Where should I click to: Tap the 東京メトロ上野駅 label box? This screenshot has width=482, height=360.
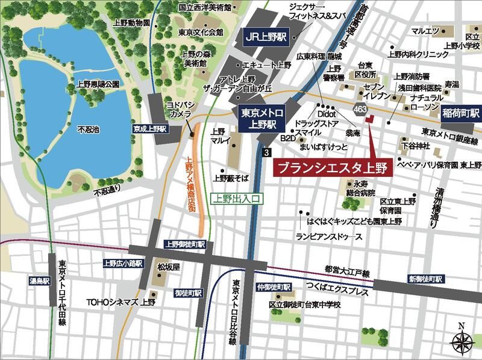258,118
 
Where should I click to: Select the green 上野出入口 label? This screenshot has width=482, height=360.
237,197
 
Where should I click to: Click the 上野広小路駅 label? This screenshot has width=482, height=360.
122,263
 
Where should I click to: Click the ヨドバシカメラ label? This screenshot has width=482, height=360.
178,108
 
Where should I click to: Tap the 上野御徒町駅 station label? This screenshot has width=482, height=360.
185,244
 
